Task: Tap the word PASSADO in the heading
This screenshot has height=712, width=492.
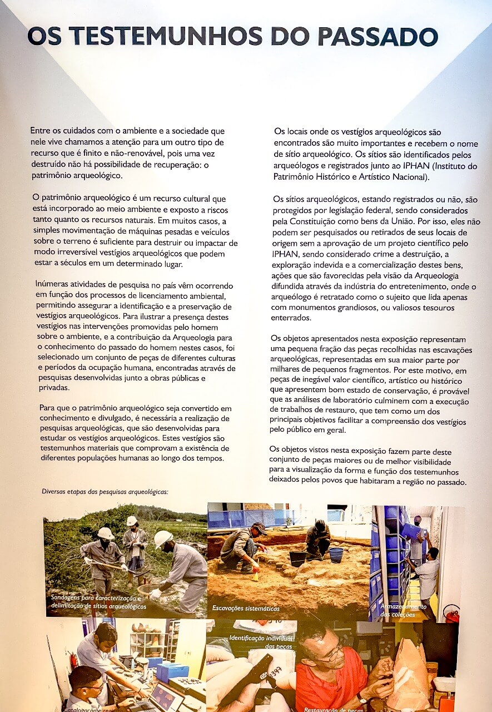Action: click(377, 37)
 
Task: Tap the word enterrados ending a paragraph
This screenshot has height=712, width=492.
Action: click(290, 318)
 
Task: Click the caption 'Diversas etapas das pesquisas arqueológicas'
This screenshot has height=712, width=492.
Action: click(105, 492)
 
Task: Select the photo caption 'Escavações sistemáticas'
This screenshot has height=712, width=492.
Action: click(246, 609)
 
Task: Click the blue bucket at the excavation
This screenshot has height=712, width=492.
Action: click(336, 555)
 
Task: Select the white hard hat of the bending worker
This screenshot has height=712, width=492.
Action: click(163, 538)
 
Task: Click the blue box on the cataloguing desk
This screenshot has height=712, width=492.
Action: click(172, 671)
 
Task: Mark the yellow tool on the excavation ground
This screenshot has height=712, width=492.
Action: click(256, 573)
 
